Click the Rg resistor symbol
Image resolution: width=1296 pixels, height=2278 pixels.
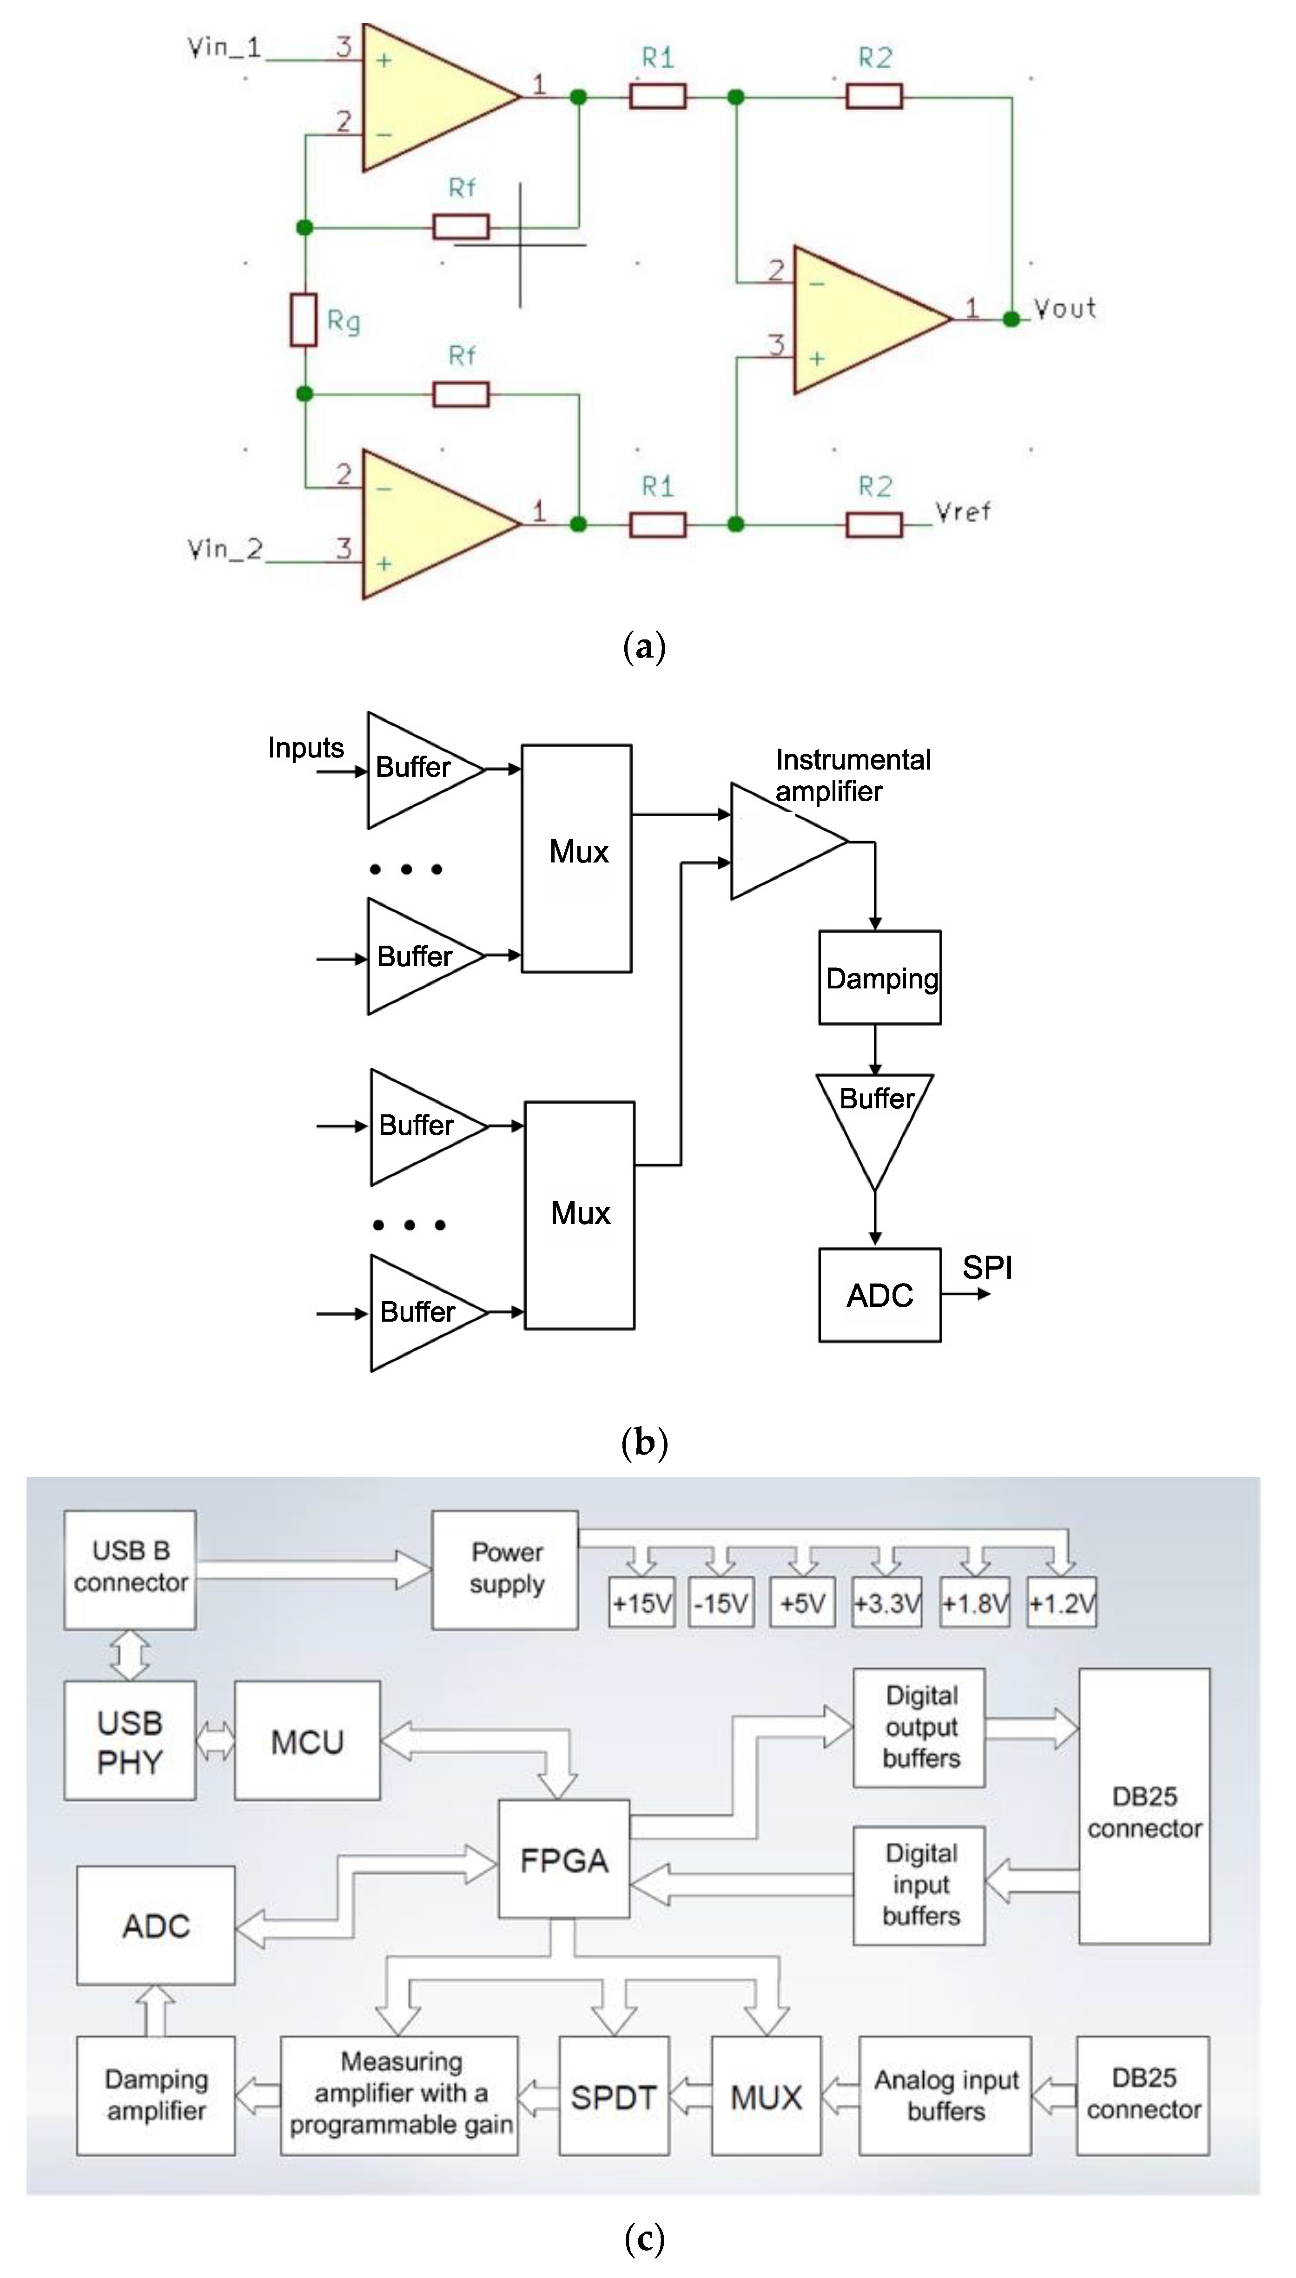(304, 319)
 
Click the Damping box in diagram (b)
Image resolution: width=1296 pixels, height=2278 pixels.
(879, 978)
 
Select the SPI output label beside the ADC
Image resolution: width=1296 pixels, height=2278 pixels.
(987, 1267)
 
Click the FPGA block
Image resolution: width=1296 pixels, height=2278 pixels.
(564, 1860)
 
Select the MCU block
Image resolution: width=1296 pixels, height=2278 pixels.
(307, 1741)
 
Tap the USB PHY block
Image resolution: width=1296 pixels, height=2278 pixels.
(130, 1741)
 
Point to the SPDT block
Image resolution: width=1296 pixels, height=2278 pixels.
(613, 2097)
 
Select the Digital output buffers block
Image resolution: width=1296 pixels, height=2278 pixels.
(919, 1727)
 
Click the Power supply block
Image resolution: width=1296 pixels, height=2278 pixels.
(506, 1570)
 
